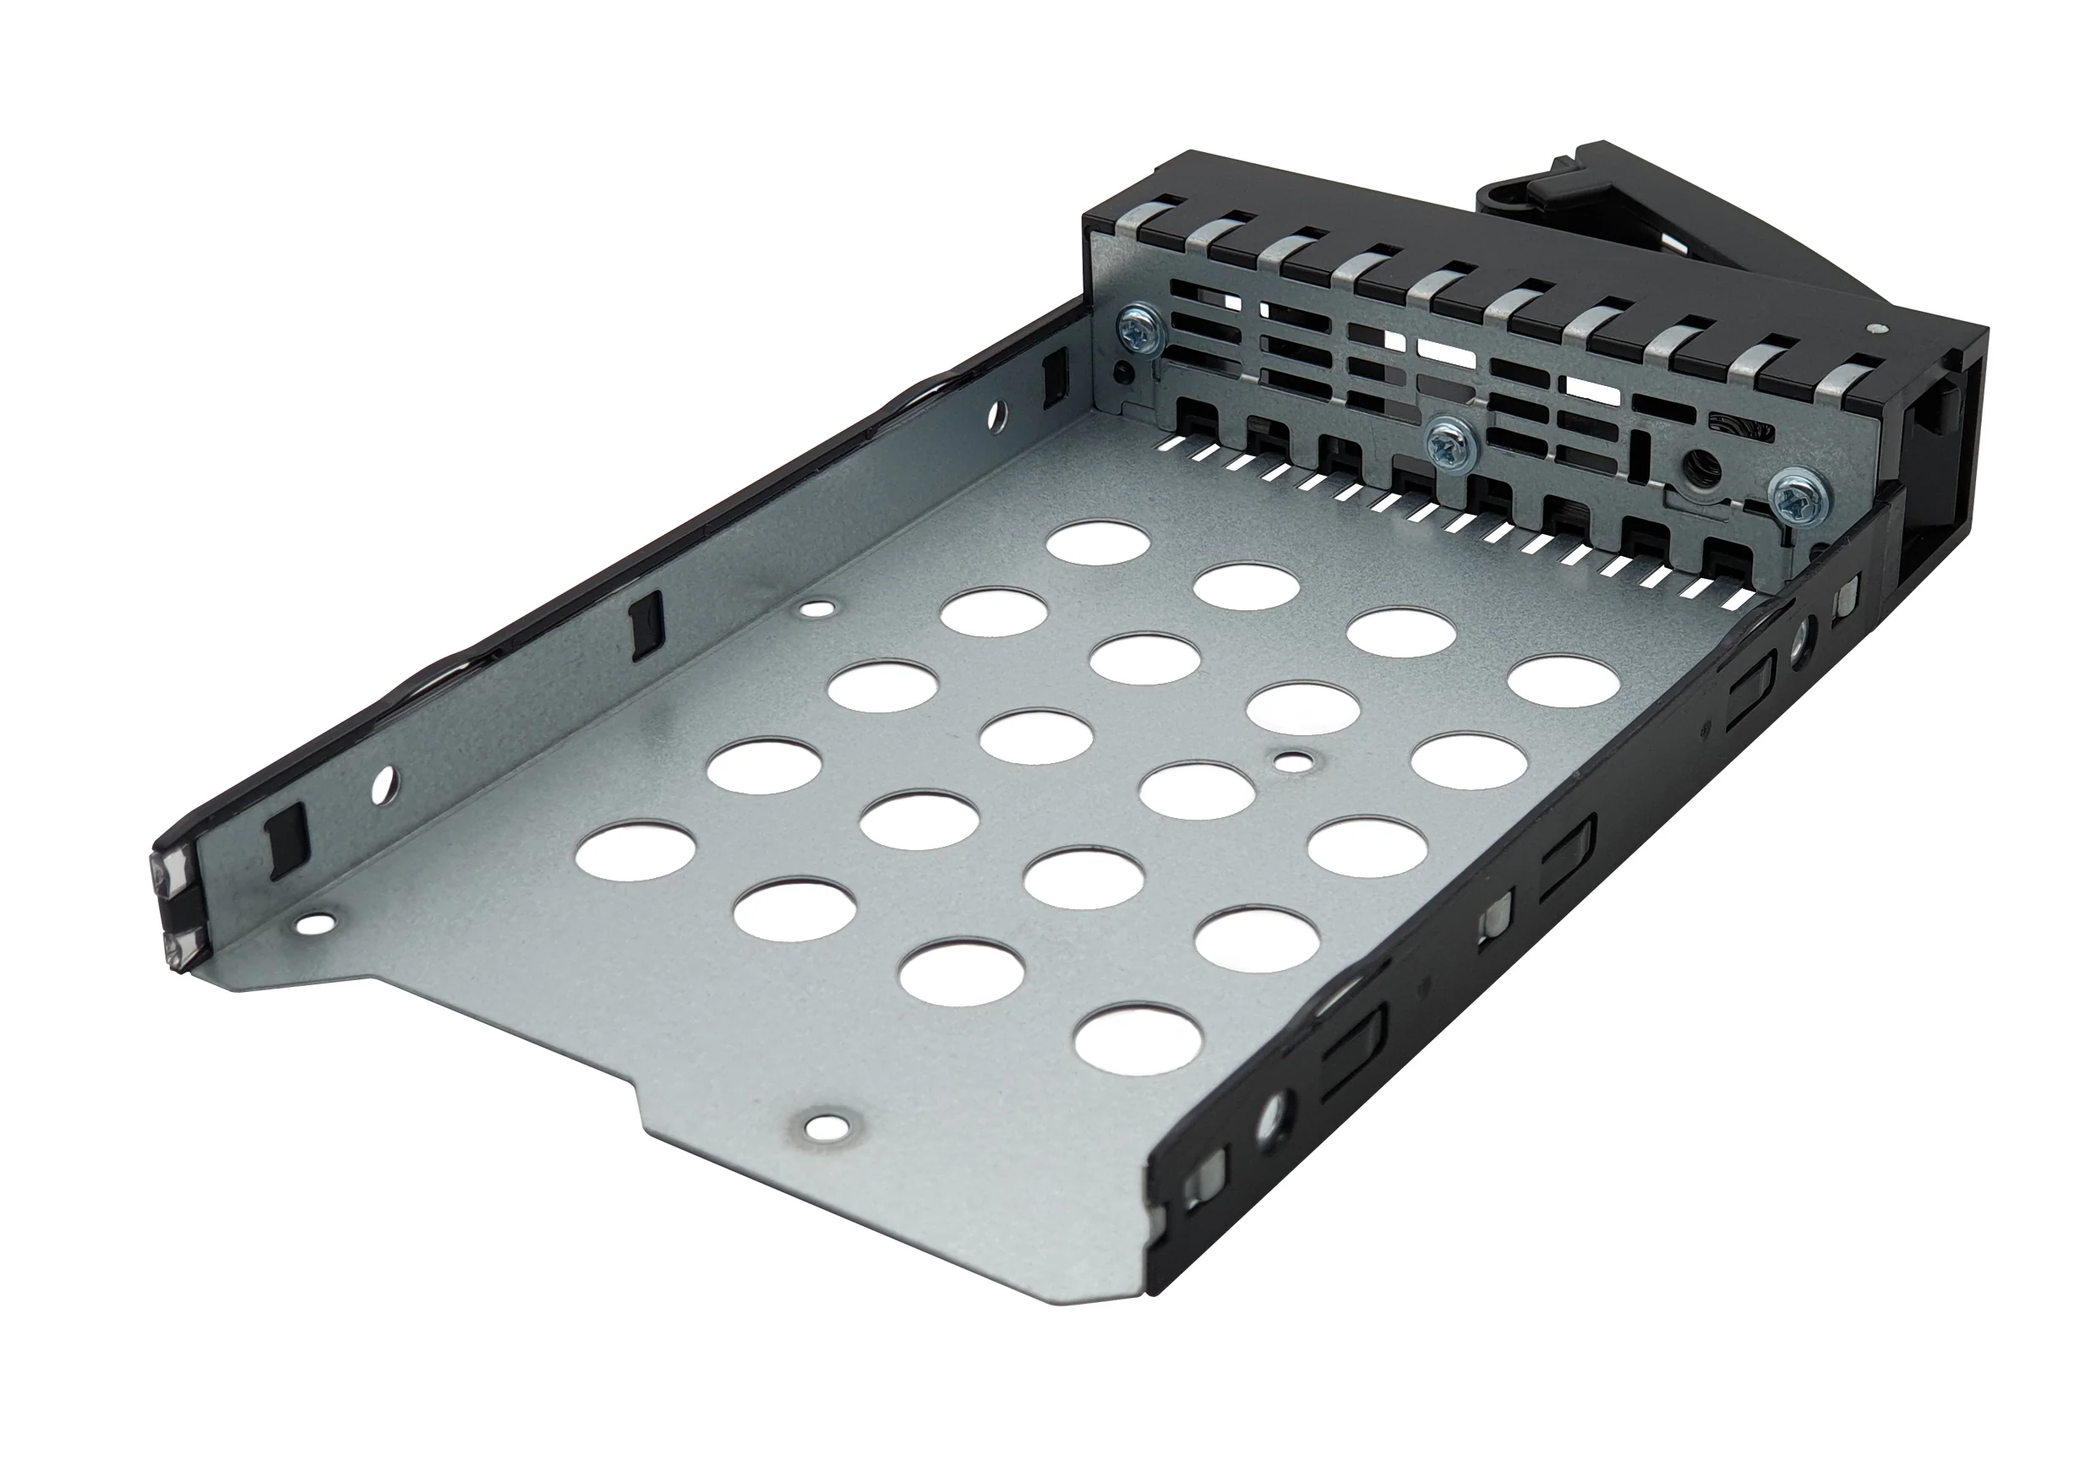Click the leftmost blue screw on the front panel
(1140, 332)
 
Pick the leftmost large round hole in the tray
(636, 849)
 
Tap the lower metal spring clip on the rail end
(179, 946)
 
